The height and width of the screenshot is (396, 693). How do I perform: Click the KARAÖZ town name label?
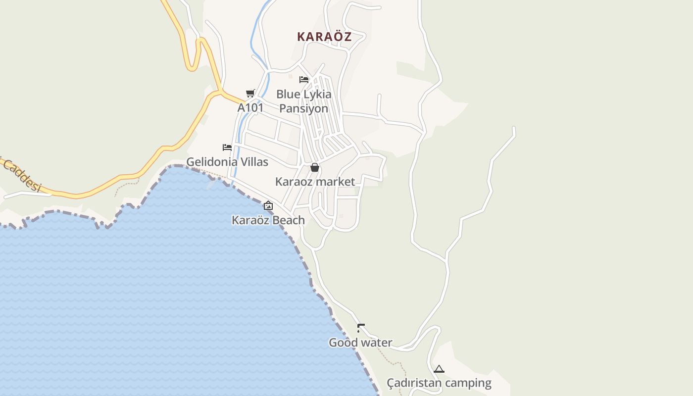[x=324, y=37]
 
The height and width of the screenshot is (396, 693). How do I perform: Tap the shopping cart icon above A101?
[x=250, y=93]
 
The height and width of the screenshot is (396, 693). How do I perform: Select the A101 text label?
[x=250, y=107]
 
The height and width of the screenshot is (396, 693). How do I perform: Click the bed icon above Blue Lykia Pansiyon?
[x=304, y=79]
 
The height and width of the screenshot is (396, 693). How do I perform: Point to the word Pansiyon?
[x=303, y=108]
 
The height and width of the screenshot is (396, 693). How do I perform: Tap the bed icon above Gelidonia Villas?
[x=227, y=148]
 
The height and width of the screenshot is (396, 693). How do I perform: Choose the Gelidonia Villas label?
[x=227, y=162]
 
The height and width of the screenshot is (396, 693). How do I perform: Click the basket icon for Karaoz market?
[x=314, y=168]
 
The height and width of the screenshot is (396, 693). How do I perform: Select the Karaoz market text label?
[x=315, y=182]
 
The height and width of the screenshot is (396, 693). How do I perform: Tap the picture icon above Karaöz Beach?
[x=268, y=205]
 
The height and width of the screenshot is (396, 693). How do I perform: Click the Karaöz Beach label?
[x=268, y=220]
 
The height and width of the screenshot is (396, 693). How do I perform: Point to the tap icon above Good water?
[x=361, y=328]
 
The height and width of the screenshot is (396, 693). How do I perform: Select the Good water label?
[x=360, y=343]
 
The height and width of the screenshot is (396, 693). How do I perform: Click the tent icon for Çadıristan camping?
[x=439, y=369]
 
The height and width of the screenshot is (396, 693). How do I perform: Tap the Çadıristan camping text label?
[x=439, y=383]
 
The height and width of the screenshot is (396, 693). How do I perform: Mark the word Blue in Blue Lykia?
[x=288, y=94]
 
